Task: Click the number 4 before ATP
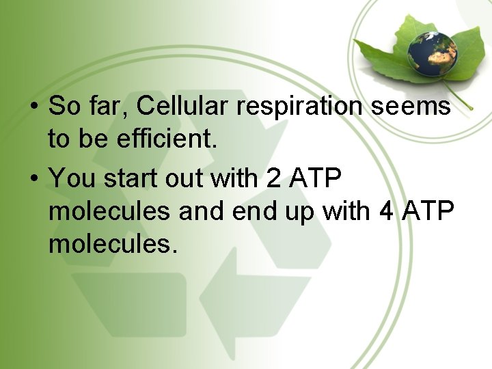pos(386,211)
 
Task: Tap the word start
pos(123,179)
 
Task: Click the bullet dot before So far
pos(33,107)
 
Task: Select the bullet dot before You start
pos(33,179)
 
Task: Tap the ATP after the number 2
pos(316,178)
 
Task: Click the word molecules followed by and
pos(109,211)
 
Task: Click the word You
pos(71,178)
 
